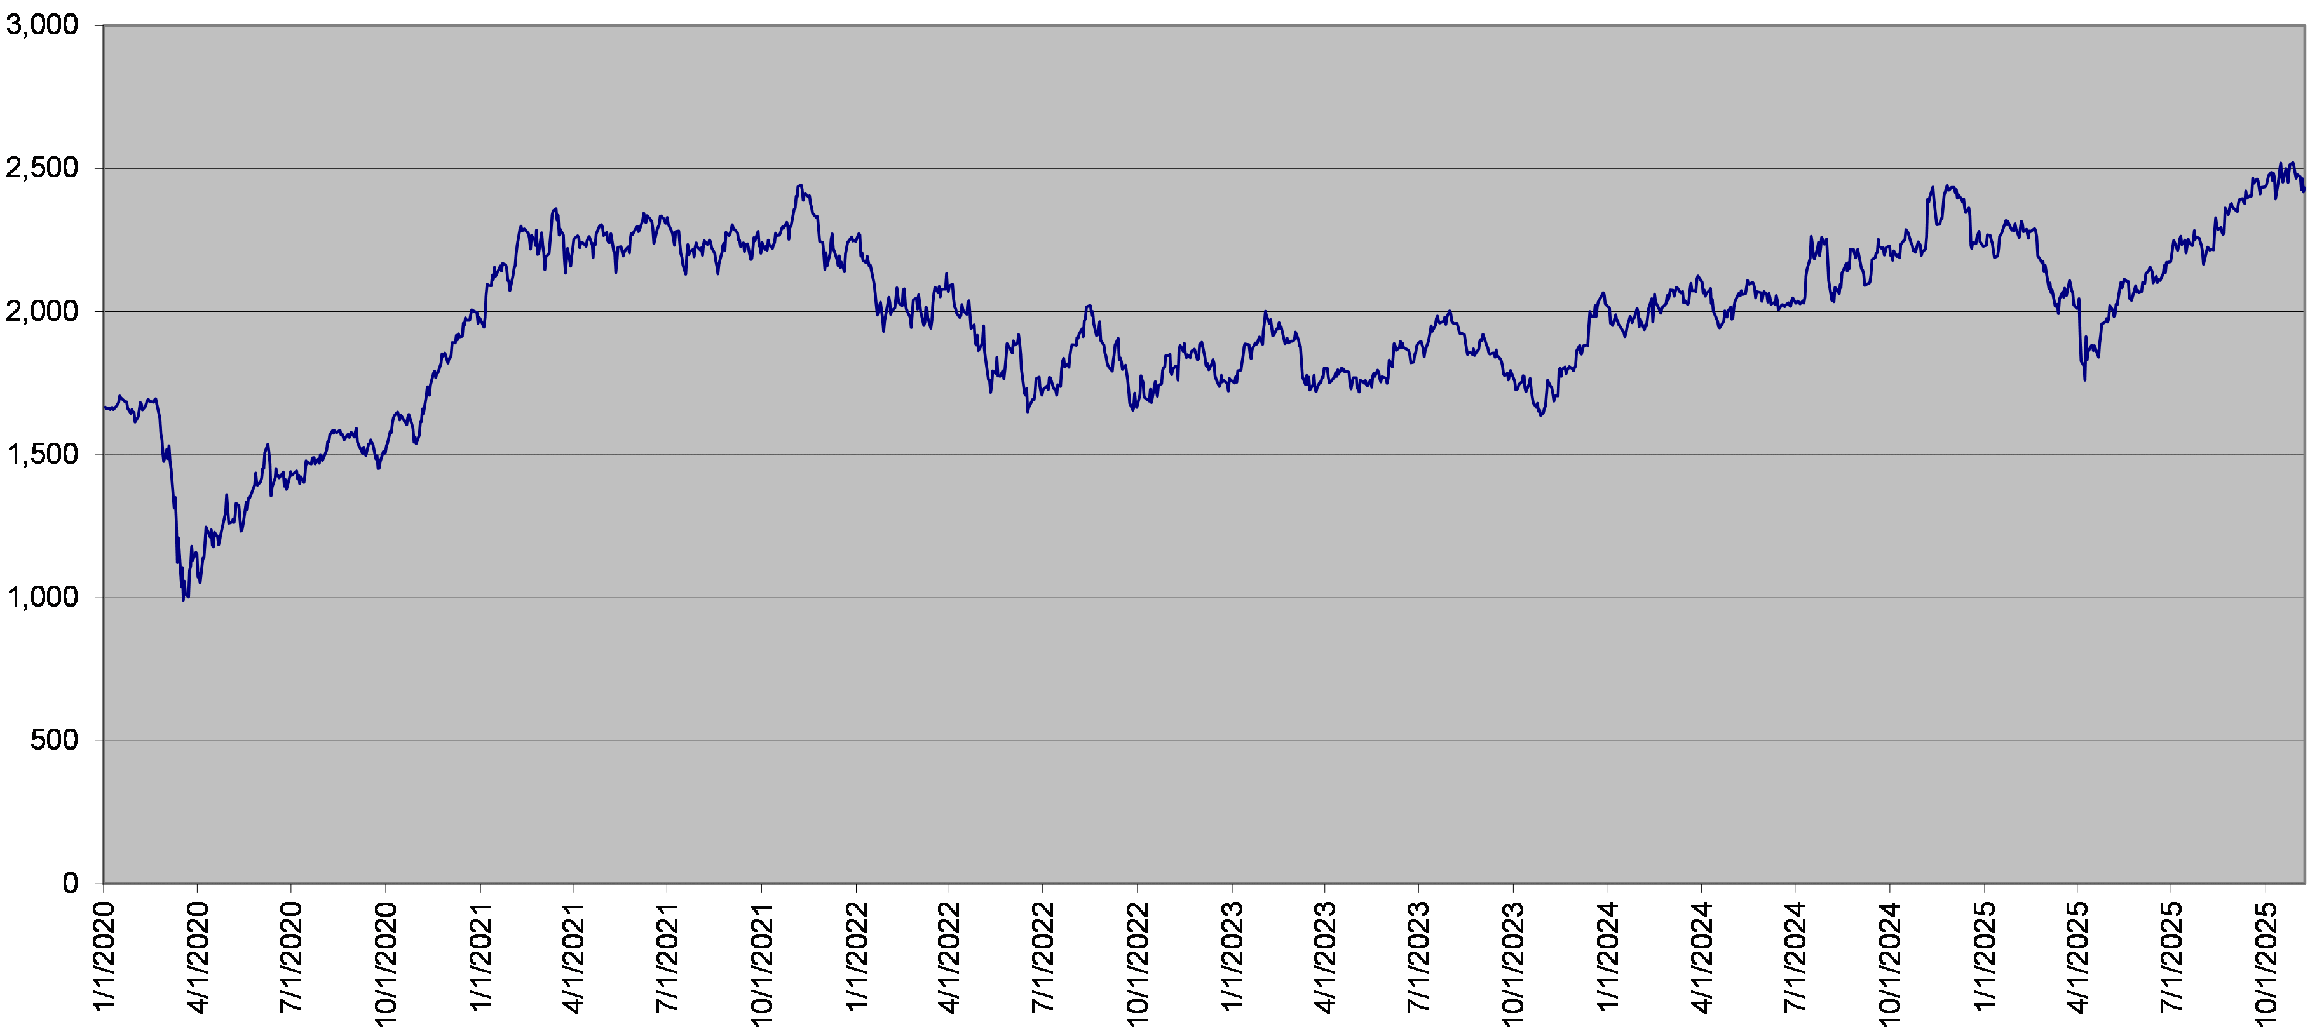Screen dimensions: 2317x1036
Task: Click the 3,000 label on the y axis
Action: coord(43,25)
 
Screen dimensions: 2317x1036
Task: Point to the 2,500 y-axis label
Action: coord(43,168)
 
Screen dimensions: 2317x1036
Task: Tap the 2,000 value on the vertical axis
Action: coord(43,311)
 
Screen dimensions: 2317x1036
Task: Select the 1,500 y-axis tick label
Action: coord(43,454)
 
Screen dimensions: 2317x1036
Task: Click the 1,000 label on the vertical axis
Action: coord(43,597)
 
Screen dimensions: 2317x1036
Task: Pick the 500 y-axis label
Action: coord(54,740)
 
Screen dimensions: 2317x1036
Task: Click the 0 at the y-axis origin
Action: coord(70,883)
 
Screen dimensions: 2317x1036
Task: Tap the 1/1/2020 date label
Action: coord(104,958)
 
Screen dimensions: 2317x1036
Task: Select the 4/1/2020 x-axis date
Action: coord(198,958)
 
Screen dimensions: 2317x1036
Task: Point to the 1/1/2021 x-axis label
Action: coord(480,958)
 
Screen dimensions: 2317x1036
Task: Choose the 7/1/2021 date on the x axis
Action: coord(667,958)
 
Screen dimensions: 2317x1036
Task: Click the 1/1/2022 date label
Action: coord(856,958)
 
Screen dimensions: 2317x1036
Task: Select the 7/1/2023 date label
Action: coord(1418,958)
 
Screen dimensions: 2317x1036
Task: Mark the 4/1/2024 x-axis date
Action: coord(1702,958)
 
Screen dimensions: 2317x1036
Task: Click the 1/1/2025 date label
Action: coord(1984,958)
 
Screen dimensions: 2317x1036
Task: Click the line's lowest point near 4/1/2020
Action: coord(184,600)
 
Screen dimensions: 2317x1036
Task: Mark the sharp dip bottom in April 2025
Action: coord(2085,379)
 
